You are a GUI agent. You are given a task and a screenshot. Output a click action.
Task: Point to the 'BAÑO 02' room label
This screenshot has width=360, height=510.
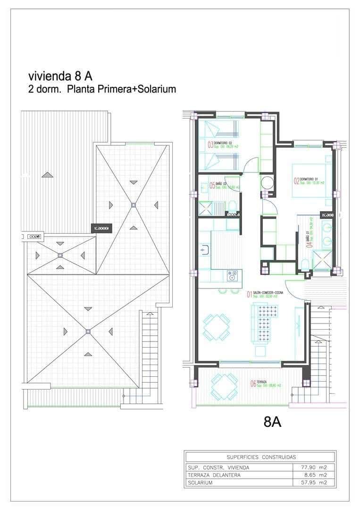pyautogui.click(x=222, y=184)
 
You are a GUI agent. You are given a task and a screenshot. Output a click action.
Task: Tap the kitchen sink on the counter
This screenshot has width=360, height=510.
pyautogui.click(x=205, y=249)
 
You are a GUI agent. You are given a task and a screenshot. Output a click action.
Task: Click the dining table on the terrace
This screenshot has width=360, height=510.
pyautogui.click(x=225, y=386)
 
